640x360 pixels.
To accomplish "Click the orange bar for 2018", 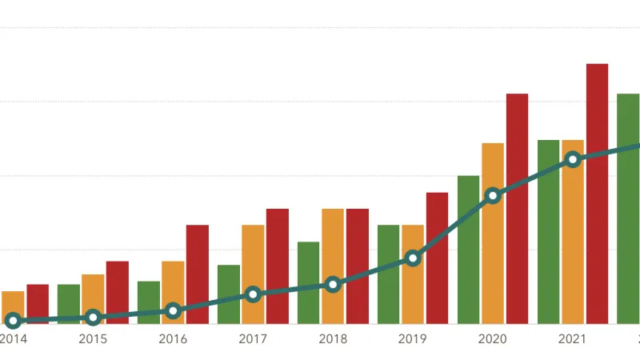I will (333, 240).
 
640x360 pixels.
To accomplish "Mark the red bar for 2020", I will (517, 208).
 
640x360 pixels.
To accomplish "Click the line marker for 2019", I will (413, 258).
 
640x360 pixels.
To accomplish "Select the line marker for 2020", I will (493, 195).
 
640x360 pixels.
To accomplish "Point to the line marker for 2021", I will (573, 159).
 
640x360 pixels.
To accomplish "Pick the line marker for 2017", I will (253, 294).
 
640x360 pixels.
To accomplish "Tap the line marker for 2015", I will (93, 318).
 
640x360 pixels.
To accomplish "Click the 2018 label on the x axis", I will (333, 339).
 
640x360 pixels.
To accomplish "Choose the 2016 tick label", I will (173, 339).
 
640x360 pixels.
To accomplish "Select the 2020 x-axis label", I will (493, 339).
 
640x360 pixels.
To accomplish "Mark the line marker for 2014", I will (13, 321).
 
